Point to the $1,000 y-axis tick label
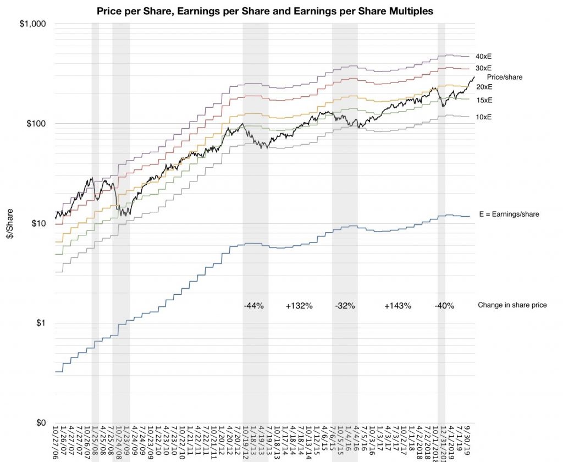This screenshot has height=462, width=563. [34, 24]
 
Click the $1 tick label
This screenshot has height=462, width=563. [40, 323]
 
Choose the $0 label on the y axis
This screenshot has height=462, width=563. [40, 423]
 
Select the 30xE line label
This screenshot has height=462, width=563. [484, 68]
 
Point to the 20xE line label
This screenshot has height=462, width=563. [484, 87]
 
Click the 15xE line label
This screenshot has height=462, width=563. [484, 100]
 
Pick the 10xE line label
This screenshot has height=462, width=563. [484, 117]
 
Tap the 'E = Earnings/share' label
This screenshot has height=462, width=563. [509, 215]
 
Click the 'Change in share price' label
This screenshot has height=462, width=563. [512, 305]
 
